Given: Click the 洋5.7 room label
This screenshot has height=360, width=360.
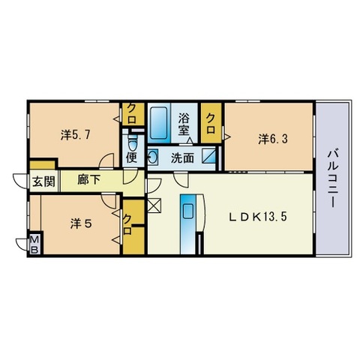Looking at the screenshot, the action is [75, 135].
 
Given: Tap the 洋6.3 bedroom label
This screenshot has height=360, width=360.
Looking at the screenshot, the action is [273, 139].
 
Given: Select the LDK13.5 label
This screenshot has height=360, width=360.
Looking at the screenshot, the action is [258, 217].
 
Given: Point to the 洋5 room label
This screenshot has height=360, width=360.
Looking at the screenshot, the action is [82, 223].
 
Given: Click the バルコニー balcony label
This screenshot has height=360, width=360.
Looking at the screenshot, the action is [334, 178].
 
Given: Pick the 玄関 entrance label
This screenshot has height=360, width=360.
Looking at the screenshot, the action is [44, 181].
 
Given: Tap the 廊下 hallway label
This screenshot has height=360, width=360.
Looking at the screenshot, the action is [88, 179].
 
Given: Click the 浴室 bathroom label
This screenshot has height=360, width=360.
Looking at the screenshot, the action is [184, 124].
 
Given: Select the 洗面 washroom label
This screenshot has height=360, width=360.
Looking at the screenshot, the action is [182, 158].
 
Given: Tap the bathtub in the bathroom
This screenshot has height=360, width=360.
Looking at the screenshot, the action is [159, 122].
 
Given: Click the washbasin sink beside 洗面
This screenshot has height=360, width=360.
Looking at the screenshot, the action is [153, 157].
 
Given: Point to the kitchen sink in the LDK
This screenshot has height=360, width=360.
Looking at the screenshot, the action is [188, 211].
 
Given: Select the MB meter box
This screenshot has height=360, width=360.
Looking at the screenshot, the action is [34, 244].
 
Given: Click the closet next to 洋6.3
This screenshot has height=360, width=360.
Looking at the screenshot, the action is [211, 123].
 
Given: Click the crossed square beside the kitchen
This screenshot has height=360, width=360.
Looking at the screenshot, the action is [154, 205].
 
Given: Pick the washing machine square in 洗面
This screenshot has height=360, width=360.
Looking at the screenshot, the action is [208, 156].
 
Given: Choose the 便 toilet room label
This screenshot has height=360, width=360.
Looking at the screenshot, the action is [131, 158].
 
